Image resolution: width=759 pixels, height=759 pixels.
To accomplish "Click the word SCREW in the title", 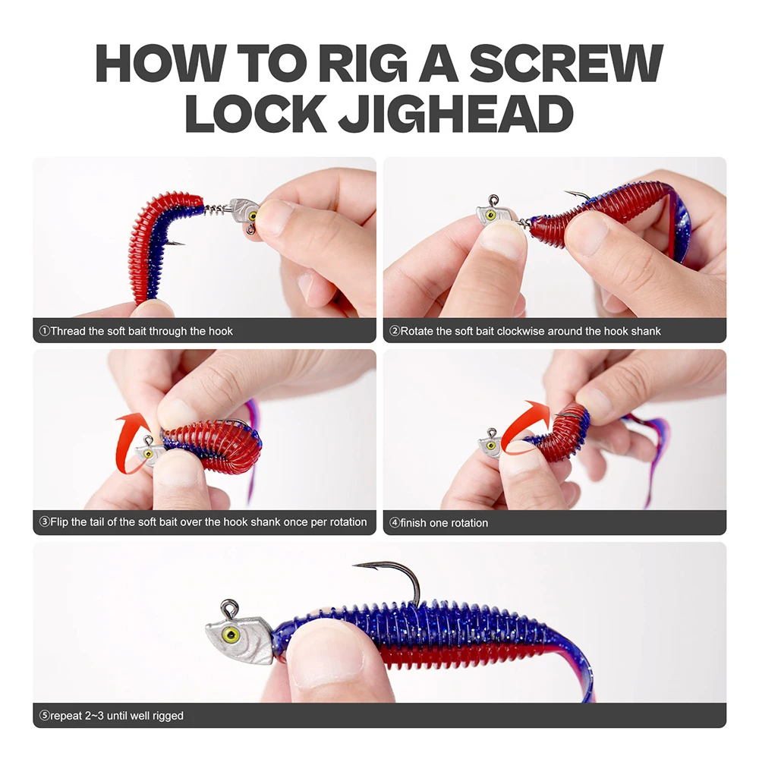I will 565,64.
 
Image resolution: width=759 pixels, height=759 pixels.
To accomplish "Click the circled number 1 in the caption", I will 44,331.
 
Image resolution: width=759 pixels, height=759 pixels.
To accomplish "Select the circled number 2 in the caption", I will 394,331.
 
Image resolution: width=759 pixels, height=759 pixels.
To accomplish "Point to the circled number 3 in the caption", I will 44,522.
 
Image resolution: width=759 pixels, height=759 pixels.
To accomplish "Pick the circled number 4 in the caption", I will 394,523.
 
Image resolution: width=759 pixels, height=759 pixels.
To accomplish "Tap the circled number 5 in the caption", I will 44,715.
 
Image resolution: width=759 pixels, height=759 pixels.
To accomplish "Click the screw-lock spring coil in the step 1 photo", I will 217,206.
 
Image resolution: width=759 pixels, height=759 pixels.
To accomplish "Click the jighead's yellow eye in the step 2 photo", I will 490,216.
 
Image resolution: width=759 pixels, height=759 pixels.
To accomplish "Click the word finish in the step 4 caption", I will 416,523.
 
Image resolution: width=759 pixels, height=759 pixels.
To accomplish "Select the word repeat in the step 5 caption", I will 66,715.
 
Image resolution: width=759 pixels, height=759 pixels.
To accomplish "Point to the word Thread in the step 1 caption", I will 68,331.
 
